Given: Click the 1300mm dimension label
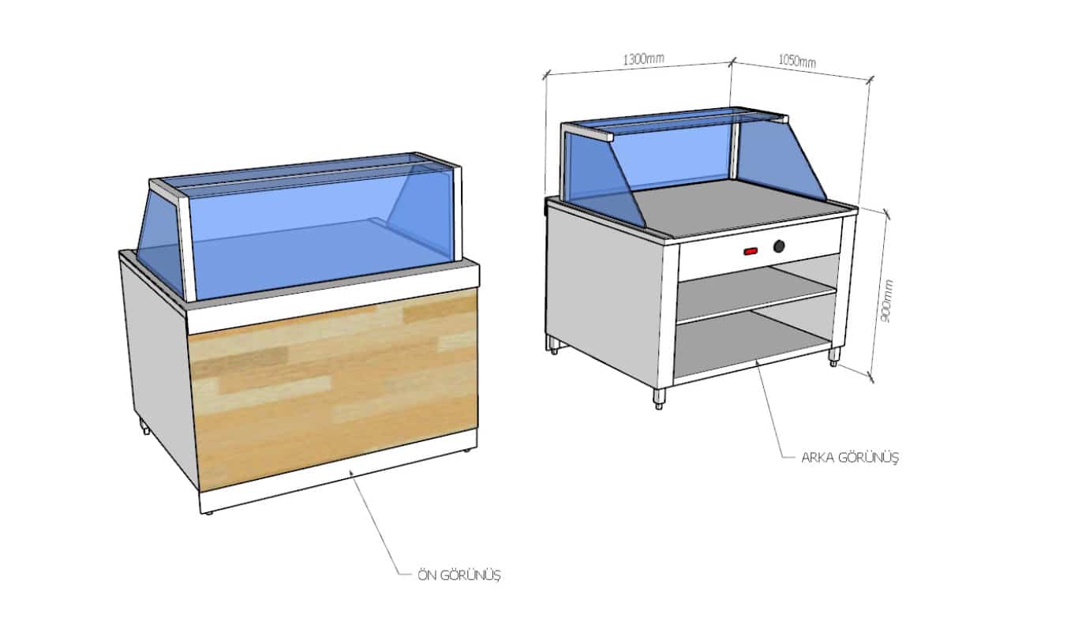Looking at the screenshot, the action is coord(643,58).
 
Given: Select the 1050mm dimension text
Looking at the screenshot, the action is coord(797,61).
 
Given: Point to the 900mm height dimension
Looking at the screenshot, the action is coord(886,302).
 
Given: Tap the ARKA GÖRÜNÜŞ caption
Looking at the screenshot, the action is coord(850,458).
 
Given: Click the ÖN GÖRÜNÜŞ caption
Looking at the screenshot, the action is coord(459,575).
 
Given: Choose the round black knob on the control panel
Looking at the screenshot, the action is coord(779,246).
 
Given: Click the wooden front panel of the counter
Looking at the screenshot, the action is coord(333,388).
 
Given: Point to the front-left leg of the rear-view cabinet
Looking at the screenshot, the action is coord(659,399).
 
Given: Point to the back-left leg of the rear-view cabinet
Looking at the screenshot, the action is coord(554,344).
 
